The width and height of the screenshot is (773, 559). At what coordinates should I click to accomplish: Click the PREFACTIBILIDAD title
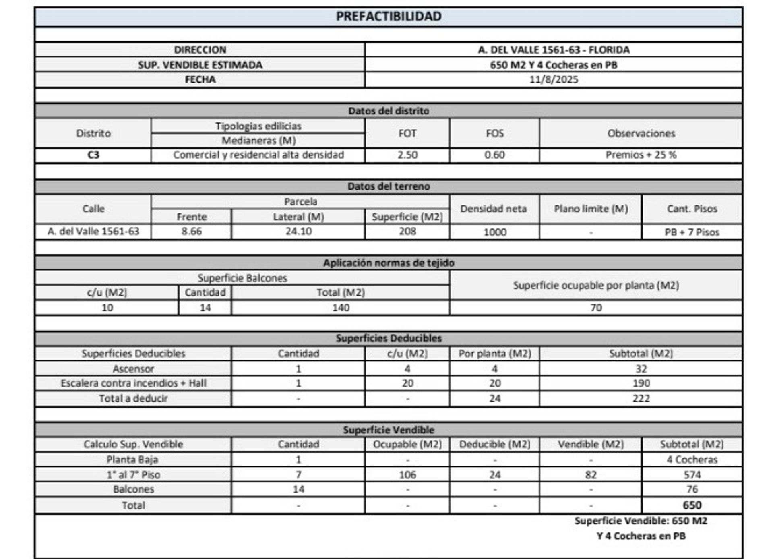pyautogui.click(x=389, y=17)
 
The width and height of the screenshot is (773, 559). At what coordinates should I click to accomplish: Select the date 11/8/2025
pyautogui.click(x=554, y=79)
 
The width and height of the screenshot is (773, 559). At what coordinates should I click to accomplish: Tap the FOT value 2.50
pyautogui.click(x=407, y=155)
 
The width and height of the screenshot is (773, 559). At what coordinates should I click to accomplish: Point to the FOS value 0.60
pyautogui.click(x=494, y=155)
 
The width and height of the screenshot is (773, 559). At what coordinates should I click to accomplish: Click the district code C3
pyautogui.click(x=93, y=155)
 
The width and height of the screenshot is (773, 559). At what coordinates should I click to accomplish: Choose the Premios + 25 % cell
pyautogui.click(x=641, y=155)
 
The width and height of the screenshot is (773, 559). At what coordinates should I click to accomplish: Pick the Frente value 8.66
pyautogui.click(x=191, y=232)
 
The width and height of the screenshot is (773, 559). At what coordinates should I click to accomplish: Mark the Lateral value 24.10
pyautogui.click(x=298, y=232)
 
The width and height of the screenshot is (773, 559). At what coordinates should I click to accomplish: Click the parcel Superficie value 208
pyautogui.click(x=407, y=232)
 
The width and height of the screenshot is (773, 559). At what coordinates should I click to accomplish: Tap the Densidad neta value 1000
pyautogui.click(x=494, y=232)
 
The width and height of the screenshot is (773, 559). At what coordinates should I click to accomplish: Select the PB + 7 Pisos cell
pyautogui.click(x=692, y=232)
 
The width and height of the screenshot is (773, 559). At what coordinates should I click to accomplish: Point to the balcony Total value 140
pyautogui.click(x=341, y=308)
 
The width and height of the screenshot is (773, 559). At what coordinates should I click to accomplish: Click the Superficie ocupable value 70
pyautogui.click(x=596, y=308)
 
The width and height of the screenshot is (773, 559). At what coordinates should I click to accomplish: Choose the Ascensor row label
pyautogui.click(x=133, y=369)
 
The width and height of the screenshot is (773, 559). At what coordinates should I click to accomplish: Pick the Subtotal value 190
pyautogui.click(x=641, y=383)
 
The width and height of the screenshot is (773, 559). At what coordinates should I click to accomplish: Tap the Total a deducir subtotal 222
pyautogui.click(x=641, y=398)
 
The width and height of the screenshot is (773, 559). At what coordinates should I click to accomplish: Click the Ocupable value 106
pyautogui.click(x=407, y=475)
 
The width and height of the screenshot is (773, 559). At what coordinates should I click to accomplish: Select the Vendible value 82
pyautogui.click(x=591, y=475)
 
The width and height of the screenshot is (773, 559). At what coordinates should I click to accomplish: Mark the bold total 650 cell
pyautogui.click(x=692, y=505)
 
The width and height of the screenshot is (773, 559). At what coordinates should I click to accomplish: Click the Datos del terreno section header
pyautogui.click(x=389, y=186)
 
